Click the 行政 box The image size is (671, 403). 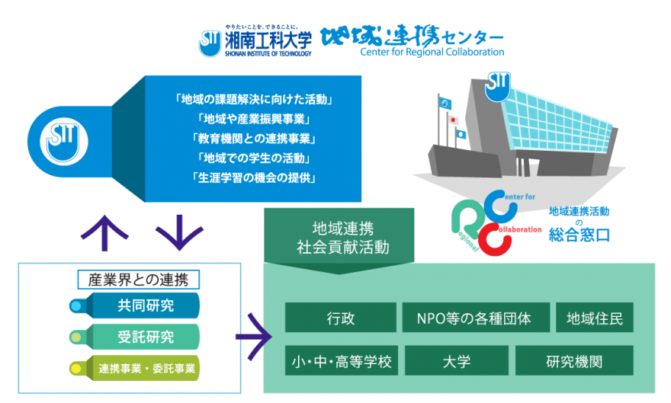pyautogui.click(x=340, y=318)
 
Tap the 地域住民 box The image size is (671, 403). pyautogui.click(x=595, y=318)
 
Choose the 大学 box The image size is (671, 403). pyautogui.click(x=456, y=360)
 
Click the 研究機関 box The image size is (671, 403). pyautogui.click(x=574, y=360)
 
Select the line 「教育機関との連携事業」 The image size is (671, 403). pyautogui.click(x=255, y=139)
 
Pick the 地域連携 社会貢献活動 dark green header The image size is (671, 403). pyautogui.click(x=342, y=238)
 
